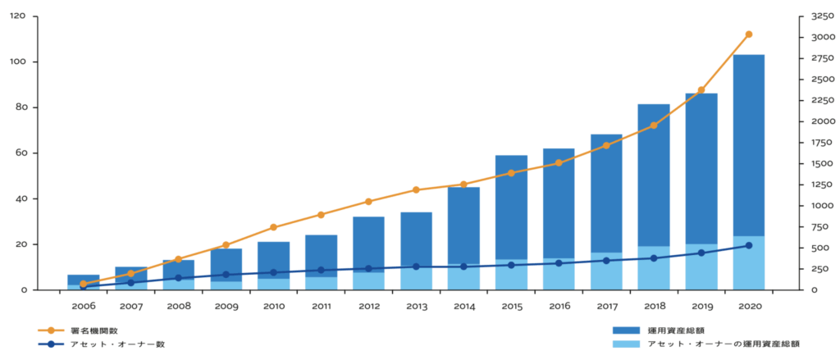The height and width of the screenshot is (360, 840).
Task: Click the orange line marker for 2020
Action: [x=748, y=34]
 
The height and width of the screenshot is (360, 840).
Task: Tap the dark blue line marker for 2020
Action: [x=748, y=245]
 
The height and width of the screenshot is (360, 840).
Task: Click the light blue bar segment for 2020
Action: [x=748, y=262]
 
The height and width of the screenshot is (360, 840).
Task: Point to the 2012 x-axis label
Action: [x=368, y=305]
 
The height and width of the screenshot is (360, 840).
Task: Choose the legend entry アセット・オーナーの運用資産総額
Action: [x=722, y=344]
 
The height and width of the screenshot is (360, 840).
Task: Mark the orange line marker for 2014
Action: [x=463, y=185]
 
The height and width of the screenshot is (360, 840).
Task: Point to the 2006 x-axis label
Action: [x=83, y=305]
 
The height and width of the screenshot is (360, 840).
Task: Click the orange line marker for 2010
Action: [x=273, y=227]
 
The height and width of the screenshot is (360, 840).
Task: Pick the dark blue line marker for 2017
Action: [x=606, y=261]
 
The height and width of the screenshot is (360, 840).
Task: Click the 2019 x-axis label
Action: [x=701, y=305]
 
